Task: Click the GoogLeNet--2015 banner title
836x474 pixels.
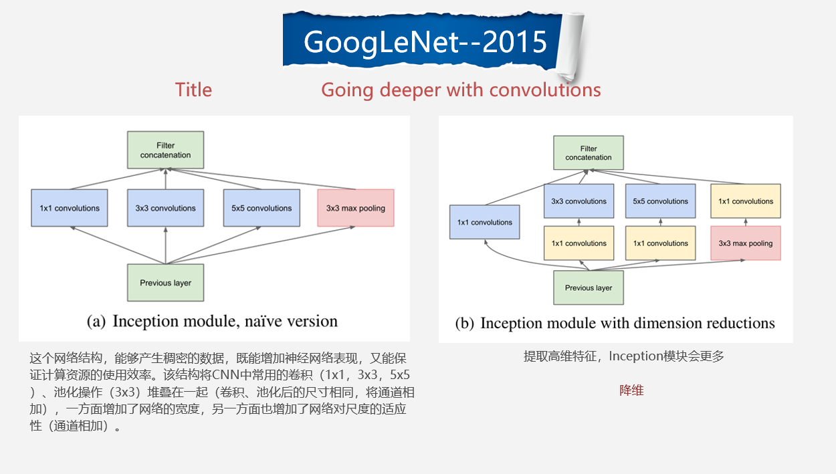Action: [x=425, y=42]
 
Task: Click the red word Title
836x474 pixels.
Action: [x=193, y=90]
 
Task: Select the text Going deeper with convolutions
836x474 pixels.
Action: [x=461, y=90]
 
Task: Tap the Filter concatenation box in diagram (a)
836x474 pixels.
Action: [x=165, y=150]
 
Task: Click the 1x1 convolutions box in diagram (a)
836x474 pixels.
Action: [x=70, y=208]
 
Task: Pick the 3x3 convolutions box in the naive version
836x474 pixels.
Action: [x=165, y=208]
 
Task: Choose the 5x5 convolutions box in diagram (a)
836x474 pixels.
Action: [x=261, y=208]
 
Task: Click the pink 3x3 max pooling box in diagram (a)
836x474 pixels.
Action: [x=356, y=208]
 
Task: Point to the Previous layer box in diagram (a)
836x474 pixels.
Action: [x=165, y=283]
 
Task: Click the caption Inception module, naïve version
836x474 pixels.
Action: [x=213, y=321]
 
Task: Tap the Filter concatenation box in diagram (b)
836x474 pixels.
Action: [x=589, y=153]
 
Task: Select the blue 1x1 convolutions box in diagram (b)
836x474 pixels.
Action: [x=485, y=223]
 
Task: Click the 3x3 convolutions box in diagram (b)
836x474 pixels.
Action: [x=579, y=201]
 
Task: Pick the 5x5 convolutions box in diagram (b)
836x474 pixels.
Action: [x=661, y=201]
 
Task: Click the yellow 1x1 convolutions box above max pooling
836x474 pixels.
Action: [x=746, y=201]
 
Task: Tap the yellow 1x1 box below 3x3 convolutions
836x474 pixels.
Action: [x=579, y=243]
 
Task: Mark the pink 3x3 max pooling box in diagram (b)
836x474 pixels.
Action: [x=746, y=243]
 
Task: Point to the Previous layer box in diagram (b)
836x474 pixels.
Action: [x=589, y=287]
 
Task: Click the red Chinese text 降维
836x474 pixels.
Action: [x=631, y=390]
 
